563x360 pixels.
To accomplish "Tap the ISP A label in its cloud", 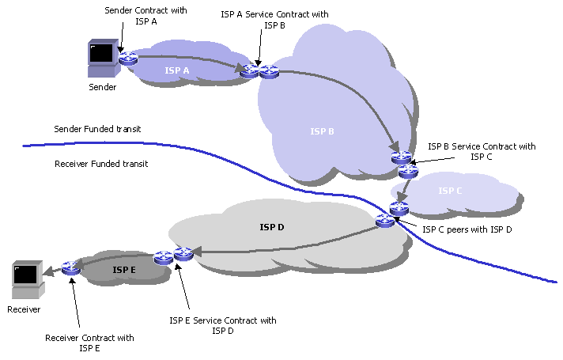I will (x=177, y=71).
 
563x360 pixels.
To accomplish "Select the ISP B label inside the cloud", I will (x=322, y=131).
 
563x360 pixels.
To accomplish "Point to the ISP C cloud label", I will (x=449, y=191).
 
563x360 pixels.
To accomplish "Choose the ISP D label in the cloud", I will (x=271, y=227).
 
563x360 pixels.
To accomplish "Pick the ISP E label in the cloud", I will (x=125, y=270).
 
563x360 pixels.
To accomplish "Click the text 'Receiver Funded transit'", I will (x=101, y=164).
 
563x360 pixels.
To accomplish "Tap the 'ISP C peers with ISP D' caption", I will (x=467, y=229).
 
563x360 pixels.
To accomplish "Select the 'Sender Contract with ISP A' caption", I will (x=142, y=16).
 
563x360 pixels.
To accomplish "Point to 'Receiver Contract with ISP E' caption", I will (x=89, y=343).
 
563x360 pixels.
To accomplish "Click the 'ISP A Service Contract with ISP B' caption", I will (x=275, y=20).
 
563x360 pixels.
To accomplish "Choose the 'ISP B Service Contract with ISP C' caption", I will (x=482, y=151).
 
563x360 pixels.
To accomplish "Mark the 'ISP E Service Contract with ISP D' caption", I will (x=223, y=325).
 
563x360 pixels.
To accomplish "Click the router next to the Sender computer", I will (x=127, y=59).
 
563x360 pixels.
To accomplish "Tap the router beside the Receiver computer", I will (x=71, y=268).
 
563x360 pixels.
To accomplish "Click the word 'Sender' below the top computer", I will (x=103, y=87).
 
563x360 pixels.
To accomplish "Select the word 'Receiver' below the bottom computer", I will (x=24, y=309).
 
